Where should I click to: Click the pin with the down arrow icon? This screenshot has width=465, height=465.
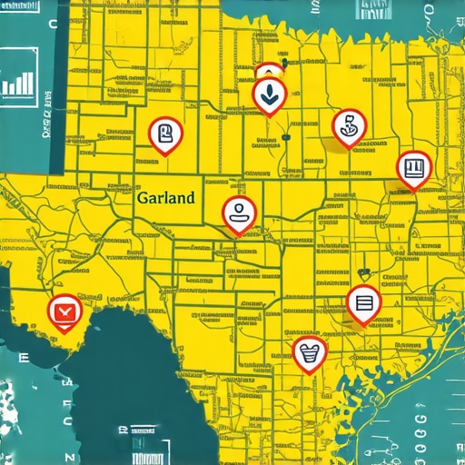(x=268, y=93)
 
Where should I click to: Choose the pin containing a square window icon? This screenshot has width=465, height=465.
(x=413, y=167)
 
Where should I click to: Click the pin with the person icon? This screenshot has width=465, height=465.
(x=240, y=213)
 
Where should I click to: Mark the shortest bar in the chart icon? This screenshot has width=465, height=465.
(x=8, y=89)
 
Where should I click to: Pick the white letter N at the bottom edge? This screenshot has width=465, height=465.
(x=66, y=454)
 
